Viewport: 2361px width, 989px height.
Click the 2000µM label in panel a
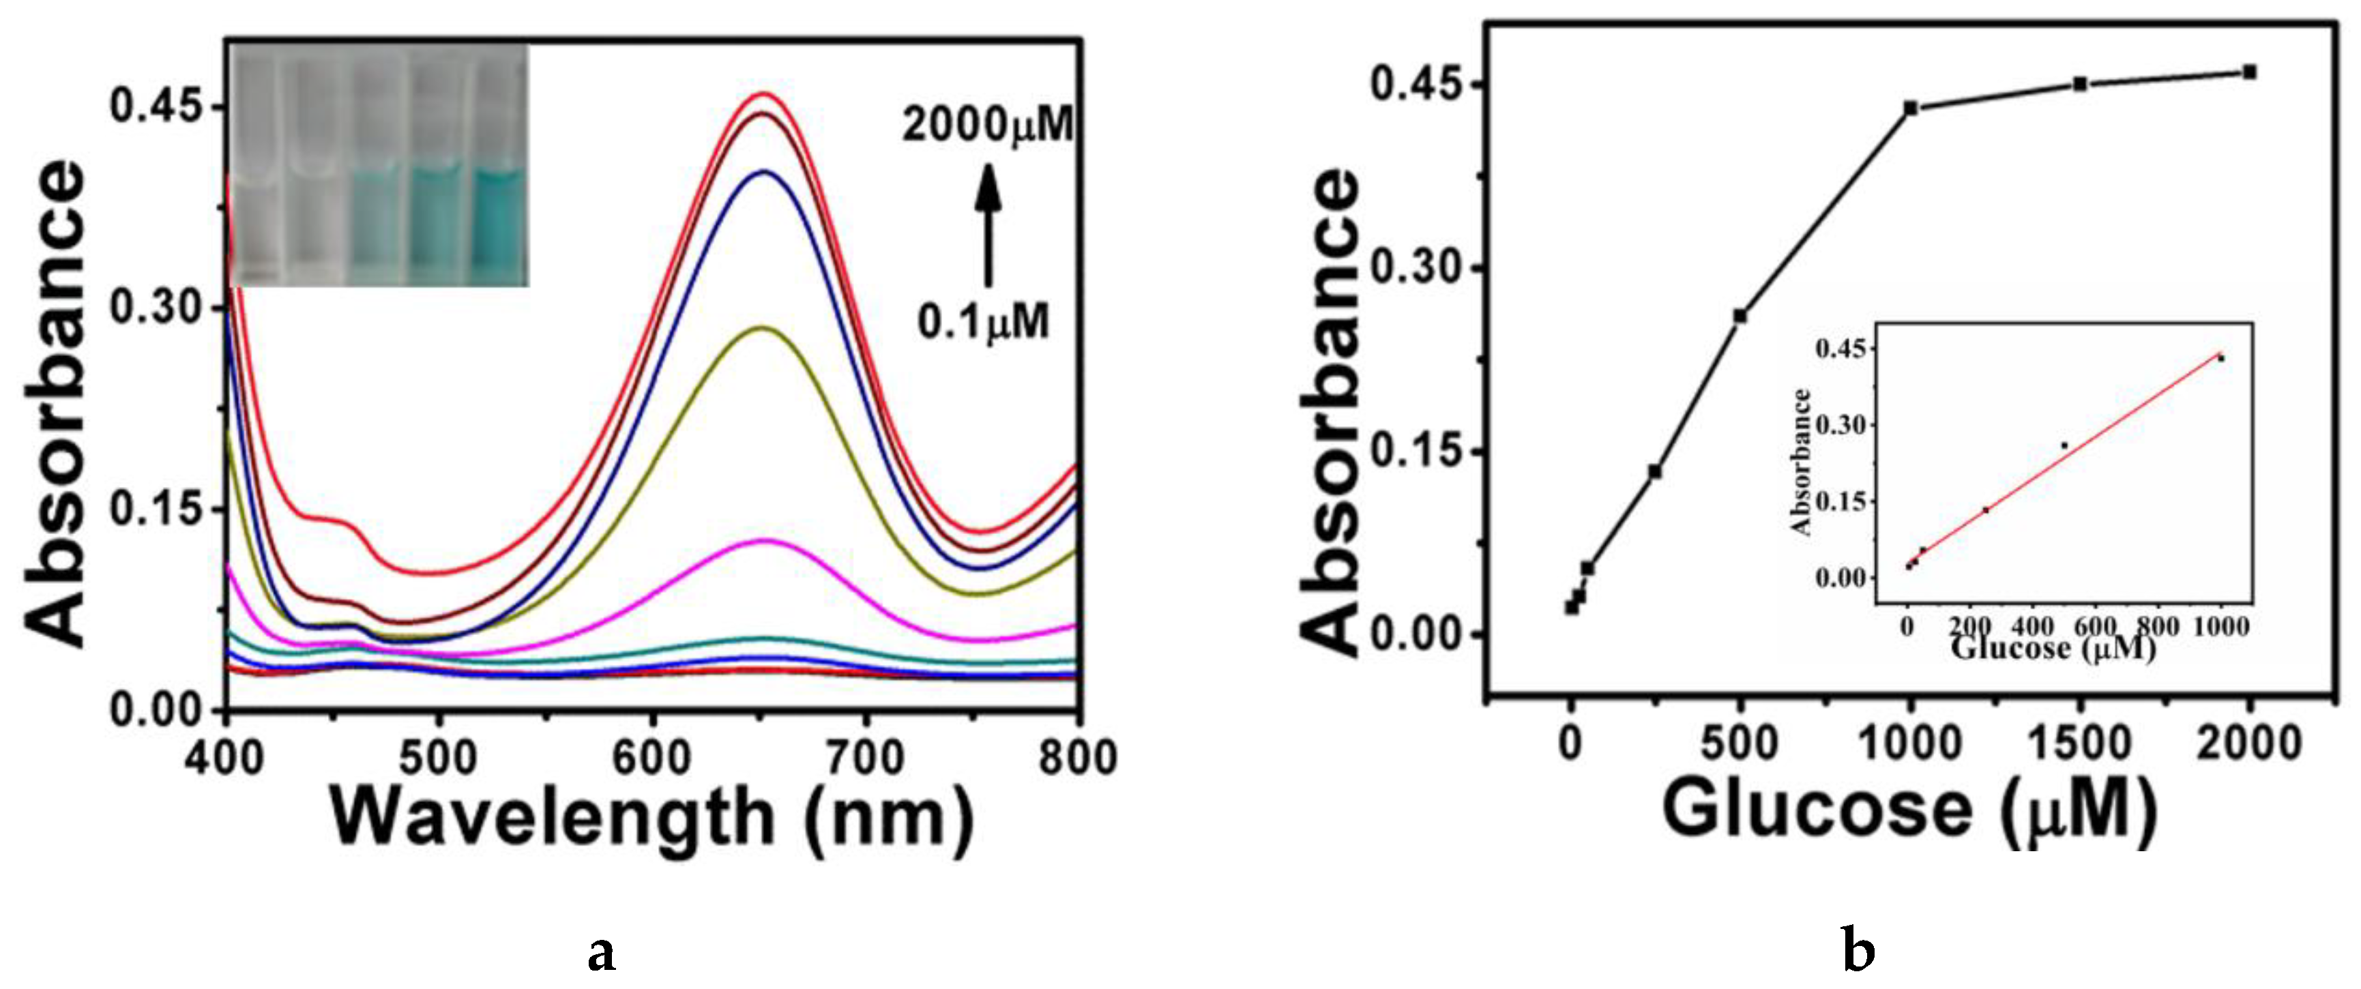(987, 125)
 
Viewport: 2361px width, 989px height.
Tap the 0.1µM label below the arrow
(984, 323)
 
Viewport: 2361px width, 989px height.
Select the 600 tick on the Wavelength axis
(651, 757)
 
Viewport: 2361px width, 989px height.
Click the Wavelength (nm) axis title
(651, 818)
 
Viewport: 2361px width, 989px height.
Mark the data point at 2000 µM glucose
(2249, 72)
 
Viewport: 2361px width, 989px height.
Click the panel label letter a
(600, 954)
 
